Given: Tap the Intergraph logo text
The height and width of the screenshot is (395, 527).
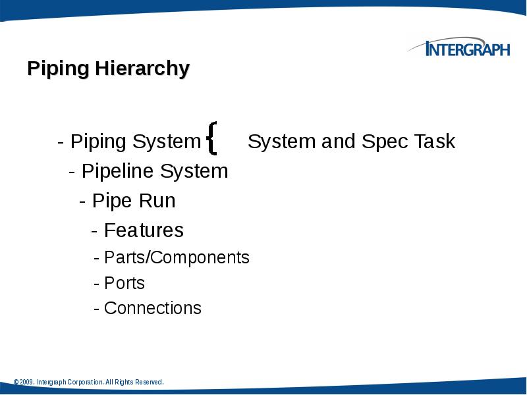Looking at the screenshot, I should click(x=467, y=49).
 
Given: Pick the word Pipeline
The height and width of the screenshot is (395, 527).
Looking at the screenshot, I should click(x=119, y=172).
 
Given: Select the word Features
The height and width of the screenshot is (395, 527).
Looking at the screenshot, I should click(x=144, y=230).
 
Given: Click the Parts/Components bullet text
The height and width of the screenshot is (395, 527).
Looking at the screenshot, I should click(x=177, y=257).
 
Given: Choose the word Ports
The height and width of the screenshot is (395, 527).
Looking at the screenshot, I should click(x=125, y=283).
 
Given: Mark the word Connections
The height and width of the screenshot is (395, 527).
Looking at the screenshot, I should click(x=153, y=308).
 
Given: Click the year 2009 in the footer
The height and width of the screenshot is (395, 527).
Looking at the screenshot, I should click(x=26, y=382).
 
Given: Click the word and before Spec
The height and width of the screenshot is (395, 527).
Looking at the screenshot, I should click(x=337, y=142).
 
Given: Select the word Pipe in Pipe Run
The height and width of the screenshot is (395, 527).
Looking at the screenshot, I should click(x=108, y=201).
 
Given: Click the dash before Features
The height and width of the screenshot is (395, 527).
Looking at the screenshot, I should click(x=95, y=230).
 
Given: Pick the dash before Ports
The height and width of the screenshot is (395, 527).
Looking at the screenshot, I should click(x=97, y=283).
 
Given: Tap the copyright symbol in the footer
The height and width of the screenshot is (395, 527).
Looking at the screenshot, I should click(x=16, y=382).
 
